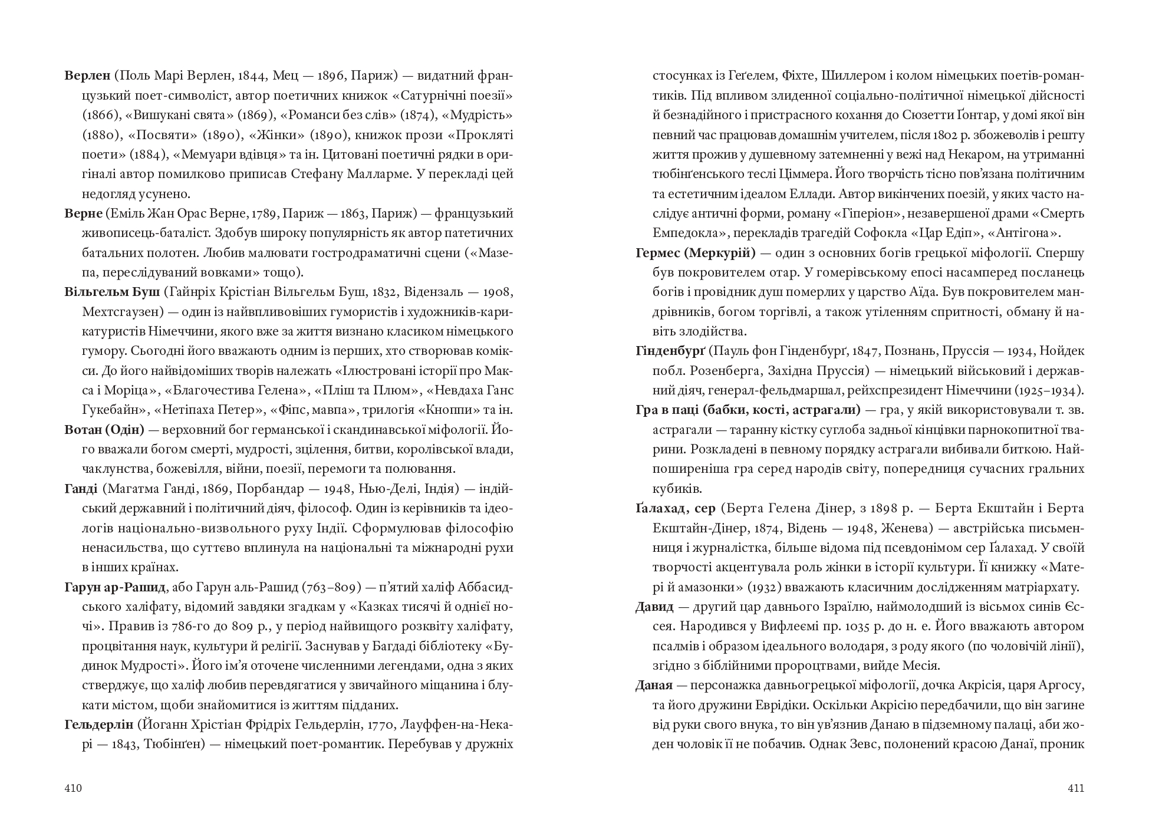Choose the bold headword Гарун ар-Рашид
point(114,587)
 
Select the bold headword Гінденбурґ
point(670,351)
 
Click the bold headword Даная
point(654,685)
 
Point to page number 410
point(73,788)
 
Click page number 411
point(1076,788)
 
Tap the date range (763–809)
point(329,587)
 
